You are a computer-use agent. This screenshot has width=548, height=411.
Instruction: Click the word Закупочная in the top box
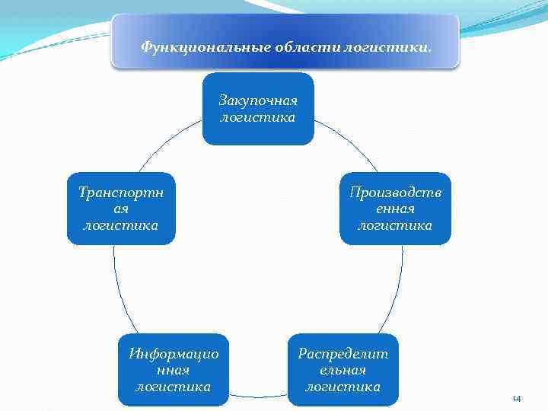(x=258, y=100)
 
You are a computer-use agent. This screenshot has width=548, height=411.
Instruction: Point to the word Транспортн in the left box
(x=121, y=192)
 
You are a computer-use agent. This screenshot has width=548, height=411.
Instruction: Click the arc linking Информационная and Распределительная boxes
(x=258, y=396)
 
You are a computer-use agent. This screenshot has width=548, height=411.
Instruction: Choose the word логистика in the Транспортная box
(x=121, y=225)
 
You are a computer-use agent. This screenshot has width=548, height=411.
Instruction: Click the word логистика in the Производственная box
(x=395, y=225)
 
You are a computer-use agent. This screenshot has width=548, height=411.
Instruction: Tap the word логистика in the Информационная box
(x=174, y=387)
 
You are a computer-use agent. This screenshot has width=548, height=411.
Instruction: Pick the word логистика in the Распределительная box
(x=343, y=387)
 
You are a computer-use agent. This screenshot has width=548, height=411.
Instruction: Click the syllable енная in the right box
(x=395, y=209)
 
